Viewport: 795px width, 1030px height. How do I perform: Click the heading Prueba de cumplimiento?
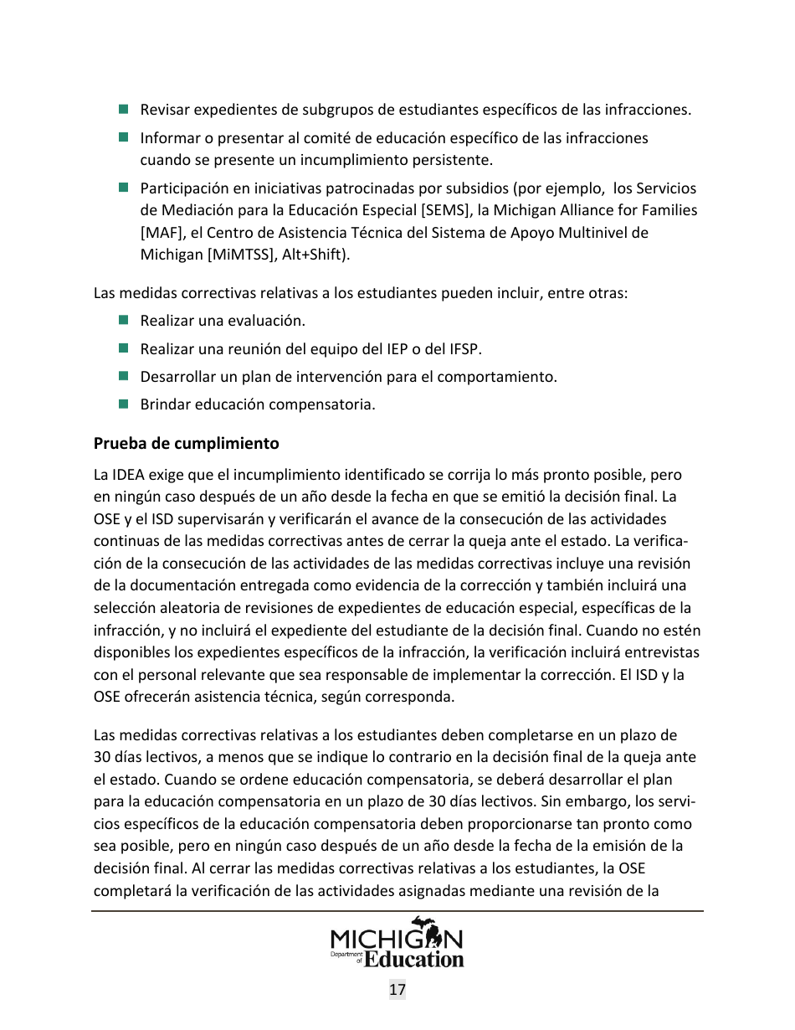pos(186,443)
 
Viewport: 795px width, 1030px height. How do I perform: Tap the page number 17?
pos(397,990)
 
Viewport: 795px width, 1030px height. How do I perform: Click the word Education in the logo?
pos(414,959)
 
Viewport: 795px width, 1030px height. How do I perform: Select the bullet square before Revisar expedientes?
pos(123,109)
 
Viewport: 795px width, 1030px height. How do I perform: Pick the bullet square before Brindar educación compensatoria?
pos(123,404)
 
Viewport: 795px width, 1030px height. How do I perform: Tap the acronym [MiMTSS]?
pos(241,255)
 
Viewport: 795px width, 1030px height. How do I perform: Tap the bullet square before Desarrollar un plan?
pos(123,376)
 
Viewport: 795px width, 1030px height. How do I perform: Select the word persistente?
pos(451,159)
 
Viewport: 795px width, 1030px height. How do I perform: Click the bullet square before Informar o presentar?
pos(123,136)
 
